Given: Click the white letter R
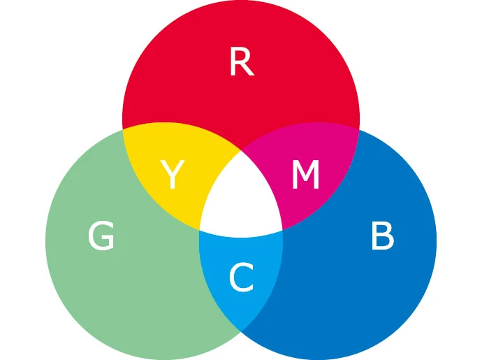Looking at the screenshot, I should pyautogui.click(x=241, y=64).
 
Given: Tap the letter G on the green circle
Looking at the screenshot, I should pyautogui.click(x=101, y=237).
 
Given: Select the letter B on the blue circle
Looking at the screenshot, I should pyautogui.click(x=382, y=237).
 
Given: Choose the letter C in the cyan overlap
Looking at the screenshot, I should pyautogui.click(x=241, y=279).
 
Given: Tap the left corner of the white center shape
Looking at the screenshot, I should pyautogui.click(x=200, y=229).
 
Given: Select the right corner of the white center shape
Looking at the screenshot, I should pyautogui.click(x=282, y=229).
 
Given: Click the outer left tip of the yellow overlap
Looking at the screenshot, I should pyautogui.click(x=124, y=130).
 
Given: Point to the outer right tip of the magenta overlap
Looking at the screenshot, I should pyautogui.click(x=358, y=130).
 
